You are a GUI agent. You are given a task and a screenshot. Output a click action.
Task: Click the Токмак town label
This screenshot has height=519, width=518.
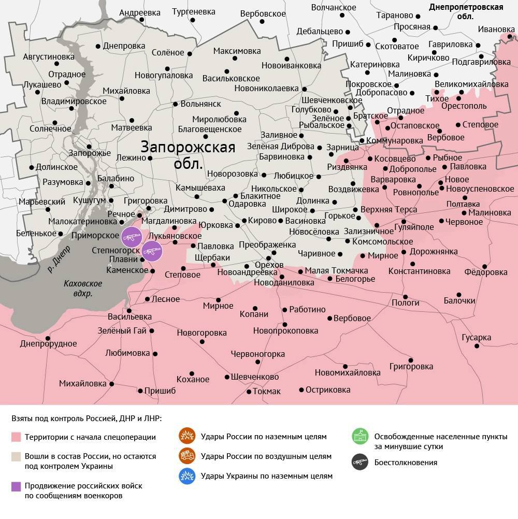click(267, 391)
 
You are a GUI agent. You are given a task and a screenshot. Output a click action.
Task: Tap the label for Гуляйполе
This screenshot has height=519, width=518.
click(414, 227)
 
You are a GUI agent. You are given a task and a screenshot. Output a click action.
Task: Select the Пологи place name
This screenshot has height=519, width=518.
click(405, 302)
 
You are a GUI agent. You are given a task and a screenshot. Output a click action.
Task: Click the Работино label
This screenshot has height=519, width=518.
click(307, 309)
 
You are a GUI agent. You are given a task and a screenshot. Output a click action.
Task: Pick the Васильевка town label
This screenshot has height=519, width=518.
click(129, 316)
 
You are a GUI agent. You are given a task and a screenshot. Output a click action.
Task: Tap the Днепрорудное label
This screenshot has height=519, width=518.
click(48, 343)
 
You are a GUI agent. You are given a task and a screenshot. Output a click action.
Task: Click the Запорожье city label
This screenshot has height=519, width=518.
click(90, 153)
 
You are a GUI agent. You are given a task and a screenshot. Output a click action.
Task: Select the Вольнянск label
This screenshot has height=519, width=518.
click(201, 104)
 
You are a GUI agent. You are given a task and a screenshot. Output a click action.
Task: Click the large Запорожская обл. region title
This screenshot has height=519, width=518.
click(188, 155)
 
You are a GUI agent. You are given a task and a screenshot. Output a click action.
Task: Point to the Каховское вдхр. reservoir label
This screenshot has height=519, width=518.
click(83, 289)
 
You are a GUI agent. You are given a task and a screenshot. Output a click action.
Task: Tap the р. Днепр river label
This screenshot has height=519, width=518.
click(59, 259)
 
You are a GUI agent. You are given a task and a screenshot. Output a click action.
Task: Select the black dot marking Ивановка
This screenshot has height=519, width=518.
click(510, 36)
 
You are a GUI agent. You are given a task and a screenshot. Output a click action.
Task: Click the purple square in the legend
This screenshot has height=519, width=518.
click(16, 486)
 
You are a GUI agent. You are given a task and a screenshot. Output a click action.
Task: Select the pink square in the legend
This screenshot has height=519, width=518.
click(16, 437)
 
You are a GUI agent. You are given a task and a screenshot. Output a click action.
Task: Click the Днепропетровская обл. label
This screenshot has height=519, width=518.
click(466, 11)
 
